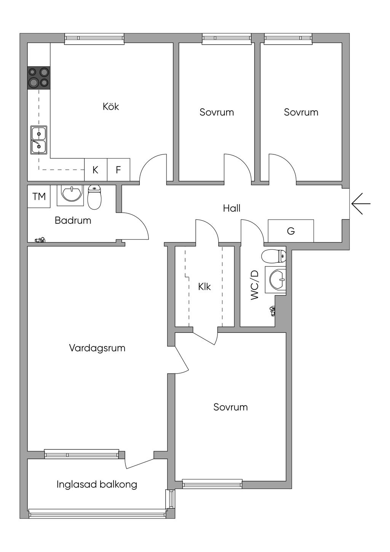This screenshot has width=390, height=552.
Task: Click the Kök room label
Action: pyautogui.click(x=111, y=106)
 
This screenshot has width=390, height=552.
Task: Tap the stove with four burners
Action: pyautogui.click(x=38, y=78)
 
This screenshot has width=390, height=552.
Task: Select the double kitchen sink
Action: pyautogui.click(x=38, y=140)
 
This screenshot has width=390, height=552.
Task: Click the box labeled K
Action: pyautogui.click(x=96, y=170)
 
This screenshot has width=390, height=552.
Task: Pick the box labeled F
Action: pyautogui.click(x=119, y=170)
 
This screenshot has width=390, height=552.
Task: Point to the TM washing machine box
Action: pyautogui.click(x=39, y=196)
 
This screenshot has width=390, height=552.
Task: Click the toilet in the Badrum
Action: pyautogui.click(x=94, y=197)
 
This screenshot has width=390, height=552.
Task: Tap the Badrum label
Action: pyautogui.click(x=73, y=220)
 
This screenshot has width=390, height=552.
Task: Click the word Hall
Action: pyautogui.click(x=232, y=209)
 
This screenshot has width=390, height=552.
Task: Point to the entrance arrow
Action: pyautogui.click(x=361, y=204)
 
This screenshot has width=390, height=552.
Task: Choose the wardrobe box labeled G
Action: pyautogui.click(x=291, y=231)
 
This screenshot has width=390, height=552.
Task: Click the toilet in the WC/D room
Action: pyautogui.click(x=273, y=256)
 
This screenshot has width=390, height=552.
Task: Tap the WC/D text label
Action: pyautogui.click(x=255, y=285)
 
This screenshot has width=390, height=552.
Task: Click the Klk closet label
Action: pyautogui.click(x=205, y=287)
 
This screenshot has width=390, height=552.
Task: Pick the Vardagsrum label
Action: pyautogui.click(x=97, y=348)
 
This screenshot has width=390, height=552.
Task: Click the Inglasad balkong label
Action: pyautogui.click(x=97, y=485)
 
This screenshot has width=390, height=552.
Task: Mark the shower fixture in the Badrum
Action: pyautogui.click(x=40, y=239)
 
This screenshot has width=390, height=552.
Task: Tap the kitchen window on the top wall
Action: pyautogui.click(x=94, y=39)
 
